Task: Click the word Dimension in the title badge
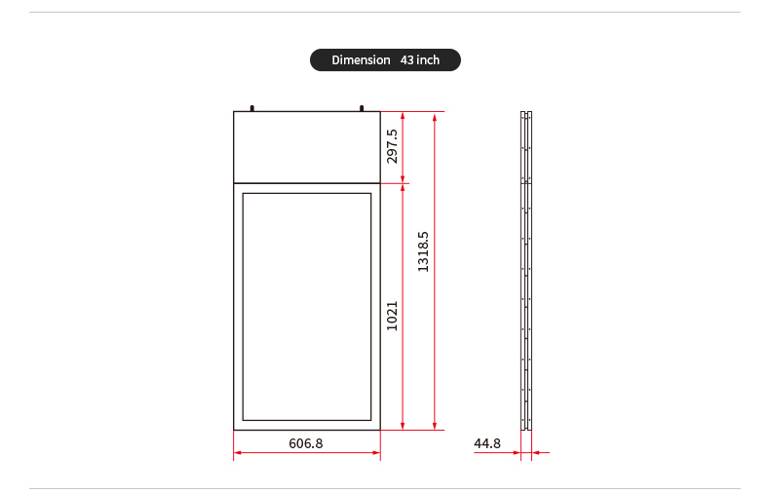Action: point(361,60)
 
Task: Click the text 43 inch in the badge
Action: point(420,60)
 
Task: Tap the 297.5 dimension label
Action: point(392,146)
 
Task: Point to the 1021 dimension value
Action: point(392,315)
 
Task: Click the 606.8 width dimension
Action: point(305,443)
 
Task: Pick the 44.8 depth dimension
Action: point(486,443)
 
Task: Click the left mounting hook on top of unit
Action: point(252,108)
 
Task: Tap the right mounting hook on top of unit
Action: point(362,108)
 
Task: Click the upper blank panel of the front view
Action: point(306,147)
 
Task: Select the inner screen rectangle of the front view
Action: point(306,306)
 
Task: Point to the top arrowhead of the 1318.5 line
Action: point(435,115)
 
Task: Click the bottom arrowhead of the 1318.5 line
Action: point(435,425)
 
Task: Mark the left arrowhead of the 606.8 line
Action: point(238,453)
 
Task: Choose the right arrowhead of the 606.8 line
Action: point(376,453)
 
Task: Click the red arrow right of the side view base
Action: point(538,453)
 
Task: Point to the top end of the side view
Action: point(526,113)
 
